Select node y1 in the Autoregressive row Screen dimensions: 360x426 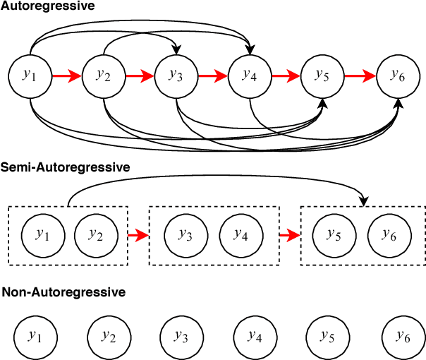pos(30,74)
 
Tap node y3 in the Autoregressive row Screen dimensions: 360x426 pos(176,74)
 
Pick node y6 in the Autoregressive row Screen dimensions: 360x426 pos(398,75)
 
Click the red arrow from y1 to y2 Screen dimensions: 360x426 pos(67,74)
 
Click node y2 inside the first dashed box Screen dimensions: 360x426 pos(95,235)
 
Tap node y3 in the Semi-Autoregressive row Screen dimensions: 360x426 pos(185,235)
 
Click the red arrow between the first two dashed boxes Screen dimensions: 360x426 pos(138,235)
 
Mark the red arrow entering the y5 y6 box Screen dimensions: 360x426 pos(289,235)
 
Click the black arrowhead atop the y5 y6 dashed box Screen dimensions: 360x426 pos(364,202)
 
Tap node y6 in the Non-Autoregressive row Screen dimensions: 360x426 pos(403,336)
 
